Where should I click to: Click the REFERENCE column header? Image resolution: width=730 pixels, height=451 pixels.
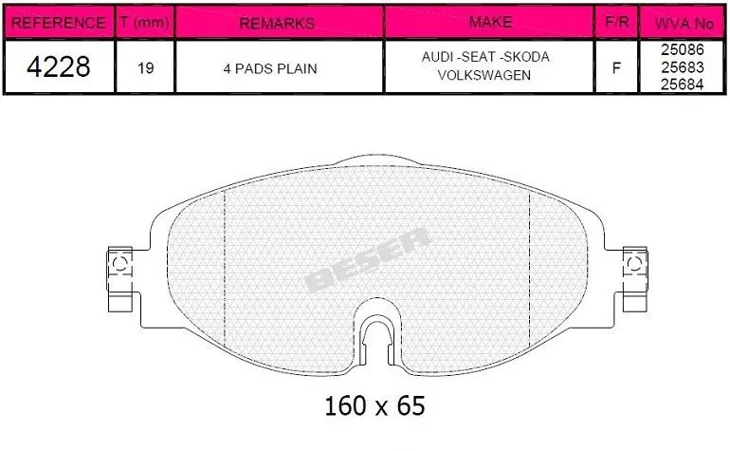tap(58, 23)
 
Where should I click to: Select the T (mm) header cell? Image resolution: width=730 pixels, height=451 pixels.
tap(144, 22)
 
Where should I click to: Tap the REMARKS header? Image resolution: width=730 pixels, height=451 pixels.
tap(277, 23)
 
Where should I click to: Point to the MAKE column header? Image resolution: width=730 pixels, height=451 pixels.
tap(490, 22)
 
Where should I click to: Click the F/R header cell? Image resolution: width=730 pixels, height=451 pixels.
tap(617, 22)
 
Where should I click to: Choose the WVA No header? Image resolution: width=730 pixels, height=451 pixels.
tap(684, 24)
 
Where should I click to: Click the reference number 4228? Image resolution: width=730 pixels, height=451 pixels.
tap(59, 66)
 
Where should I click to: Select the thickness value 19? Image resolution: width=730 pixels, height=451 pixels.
tap(146, 68)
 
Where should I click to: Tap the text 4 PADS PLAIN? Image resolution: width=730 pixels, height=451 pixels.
tap(270, 68)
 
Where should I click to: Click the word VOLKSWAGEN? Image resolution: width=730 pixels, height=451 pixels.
tap(484, 75)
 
